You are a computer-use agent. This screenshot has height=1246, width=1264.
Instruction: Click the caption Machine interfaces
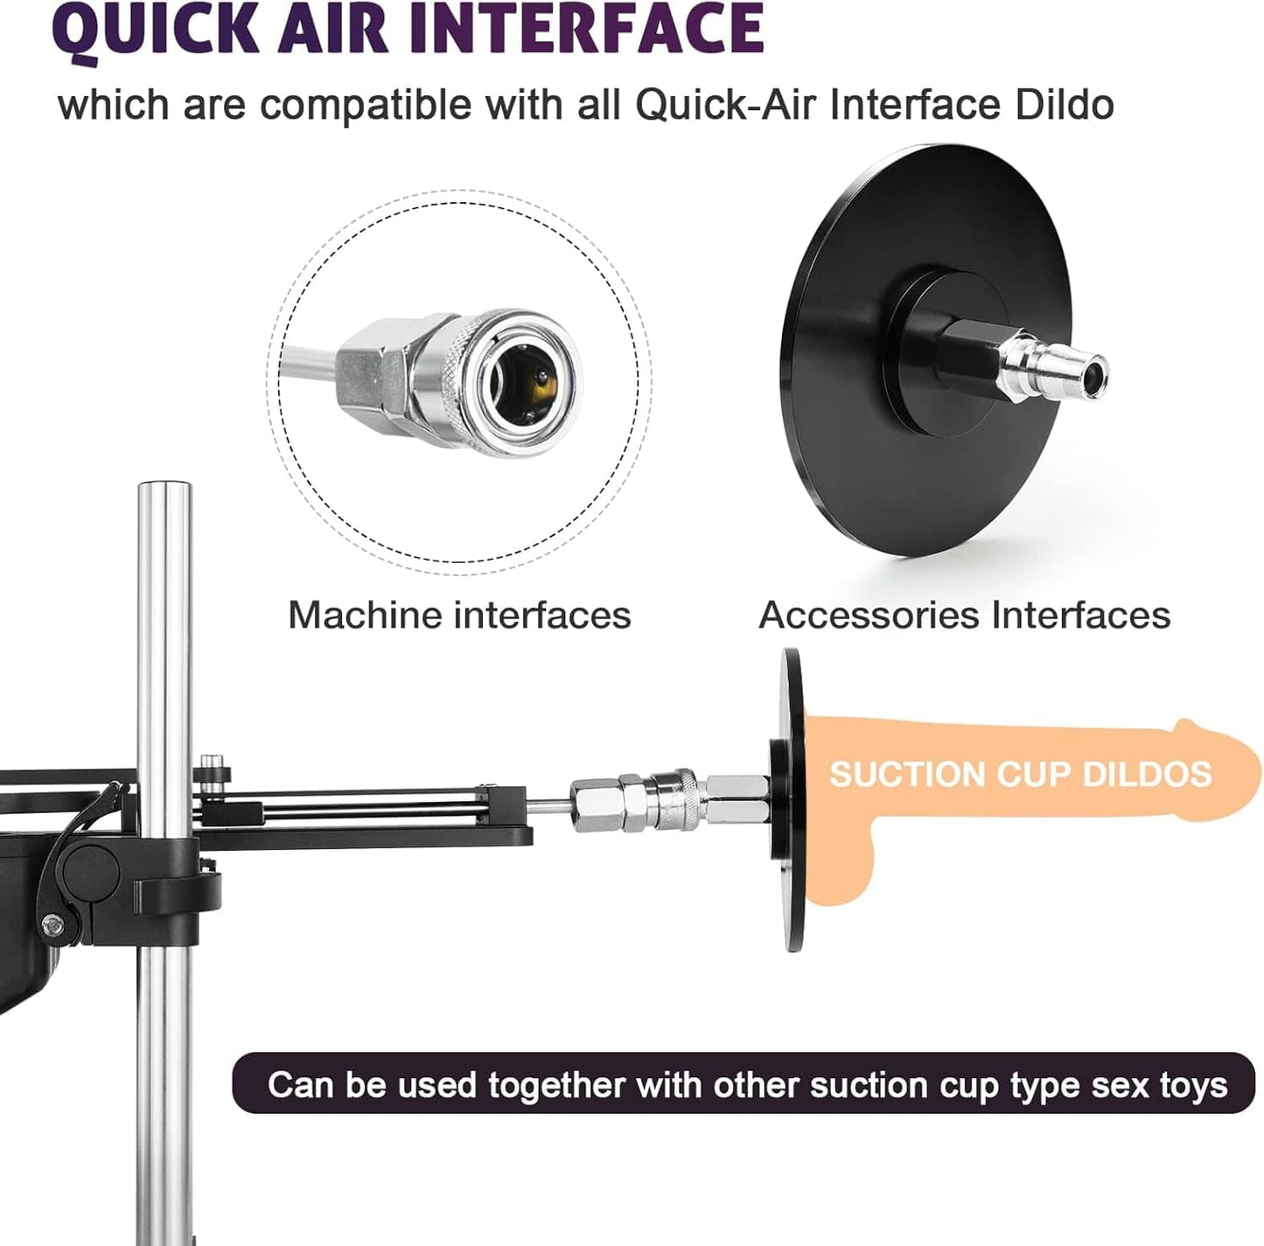coord(459,615)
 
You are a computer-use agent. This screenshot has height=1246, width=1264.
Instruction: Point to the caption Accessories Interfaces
coord(964,615)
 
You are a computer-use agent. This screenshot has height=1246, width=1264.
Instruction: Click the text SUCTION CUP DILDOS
coord(1021,774)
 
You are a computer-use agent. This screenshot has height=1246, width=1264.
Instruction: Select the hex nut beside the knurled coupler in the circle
coord(372,372)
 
